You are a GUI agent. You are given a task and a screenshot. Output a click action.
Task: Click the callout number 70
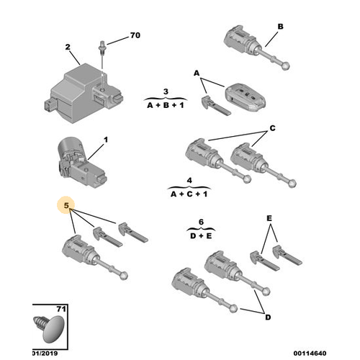[x=135, y=35]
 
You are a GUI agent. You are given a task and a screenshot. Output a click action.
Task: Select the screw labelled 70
[x=102, y=48]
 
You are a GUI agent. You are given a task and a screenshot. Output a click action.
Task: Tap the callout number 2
[x=68, y=47]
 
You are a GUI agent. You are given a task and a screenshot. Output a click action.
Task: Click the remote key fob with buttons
[x=245, y=97]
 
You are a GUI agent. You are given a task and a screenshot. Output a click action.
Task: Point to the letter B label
[x=280, y=27]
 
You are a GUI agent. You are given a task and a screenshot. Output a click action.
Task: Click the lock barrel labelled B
[x=256, y=48]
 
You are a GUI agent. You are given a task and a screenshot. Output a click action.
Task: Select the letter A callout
[x=197, y=73]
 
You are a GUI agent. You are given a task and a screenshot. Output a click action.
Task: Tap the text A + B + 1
[x=166, y=105]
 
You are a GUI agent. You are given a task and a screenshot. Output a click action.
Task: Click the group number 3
[x=166, y=91]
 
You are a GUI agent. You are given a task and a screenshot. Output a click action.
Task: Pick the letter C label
[x=272, y=128]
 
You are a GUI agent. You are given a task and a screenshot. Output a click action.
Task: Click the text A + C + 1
[x=189, y=194]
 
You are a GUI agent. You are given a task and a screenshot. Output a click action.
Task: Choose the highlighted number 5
[x=66, y=205]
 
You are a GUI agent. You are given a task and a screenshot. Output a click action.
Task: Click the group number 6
[x=201, y=222]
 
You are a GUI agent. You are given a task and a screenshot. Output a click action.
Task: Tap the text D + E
[x=201, y=236]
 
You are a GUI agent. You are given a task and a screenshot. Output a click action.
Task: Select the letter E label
[x=269, y=218]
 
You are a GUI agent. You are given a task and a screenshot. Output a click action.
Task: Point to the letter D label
[x=268, y=318]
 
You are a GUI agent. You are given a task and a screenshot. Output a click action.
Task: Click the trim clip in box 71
[x=49, y=328]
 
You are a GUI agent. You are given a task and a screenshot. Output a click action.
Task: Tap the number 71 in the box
[x=61, y=309]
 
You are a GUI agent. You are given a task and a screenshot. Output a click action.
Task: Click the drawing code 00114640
[x=310, y=354]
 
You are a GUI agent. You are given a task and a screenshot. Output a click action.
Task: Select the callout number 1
[x=106, y=140]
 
